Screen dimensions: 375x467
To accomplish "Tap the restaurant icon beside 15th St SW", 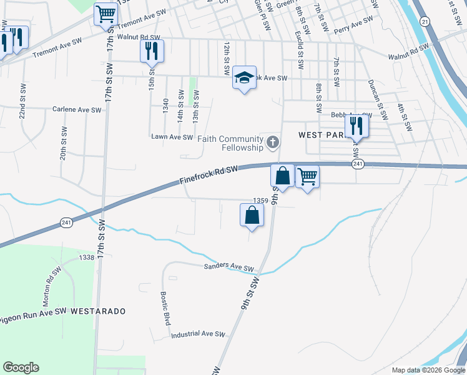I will coord(151,51).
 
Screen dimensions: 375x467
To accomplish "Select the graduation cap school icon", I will coord(244,77).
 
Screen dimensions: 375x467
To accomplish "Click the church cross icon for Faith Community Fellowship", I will coord(272,143).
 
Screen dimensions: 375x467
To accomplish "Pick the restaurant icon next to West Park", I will coord(356,126).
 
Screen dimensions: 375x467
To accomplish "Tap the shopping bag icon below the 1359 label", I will coord(252,215).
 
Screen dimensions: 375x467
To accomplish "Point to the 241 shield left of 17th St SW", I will coord(66,222).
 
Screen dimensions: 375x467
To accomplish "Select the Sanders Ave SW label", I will coord(229,267).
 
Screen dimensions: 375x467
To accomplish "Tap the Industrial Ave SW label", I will coord(198,334).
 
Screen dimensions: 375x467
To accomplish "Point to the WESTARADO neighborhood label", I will coord(98,311).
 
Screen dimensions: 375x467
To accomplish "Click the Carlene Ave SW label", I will coord(77,109).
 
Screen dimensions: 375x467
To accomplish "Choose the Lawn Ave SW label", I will coord(173,136).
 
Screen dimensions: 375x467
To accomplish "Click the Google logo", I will coord(21,367).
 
